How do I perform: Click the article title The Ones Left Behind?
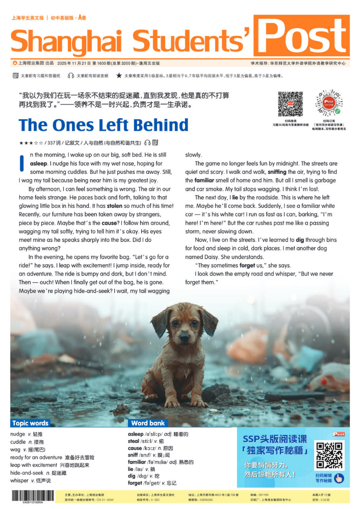(104, 125)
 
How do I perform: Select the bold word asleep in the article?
(38, 164)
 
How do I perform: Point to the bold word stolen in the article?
(115, 206)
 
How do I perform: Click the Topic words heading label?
(30, 423)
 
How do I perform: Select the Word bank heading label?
(148, 423)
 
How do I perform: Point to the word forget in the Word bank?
(135, 483)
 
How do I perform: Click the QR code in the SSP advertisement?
(329, 454)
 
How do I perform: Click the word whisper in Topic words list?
(19, 481)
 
